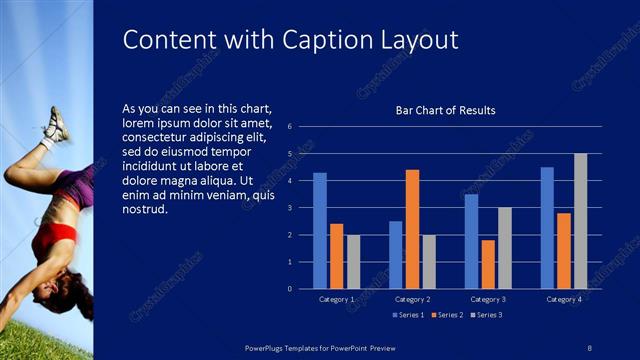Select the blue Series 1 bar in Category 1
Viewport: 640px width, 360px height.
point(320,231)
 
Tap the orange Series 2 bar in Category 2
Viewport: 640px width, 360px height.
point(412,229)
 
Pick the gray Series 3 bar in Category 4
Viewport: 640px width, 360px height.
point(580,221)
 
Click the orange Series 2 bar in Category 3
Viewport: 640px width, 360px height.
point(488,264)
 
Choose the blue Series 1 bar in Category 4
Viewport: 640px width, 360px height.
point(547,228)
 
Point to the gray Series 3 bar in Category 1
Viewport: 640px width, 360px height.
point(353,261)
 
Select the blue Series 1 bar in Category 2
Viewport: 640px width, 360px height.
point(396,255)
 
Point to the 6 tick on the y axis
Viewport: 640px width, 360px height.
point(288,127)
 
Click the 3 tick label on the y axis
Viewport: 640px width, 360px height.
point(288,208)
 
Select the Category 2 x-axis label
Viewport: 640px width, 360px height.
point(412,299)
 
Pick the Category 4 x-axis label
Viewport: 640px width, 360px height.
point(564,299)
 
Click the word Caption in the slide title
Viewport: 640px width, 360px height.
point(322,40)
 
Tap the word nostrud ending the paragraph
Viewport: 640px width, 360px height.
point(143,210)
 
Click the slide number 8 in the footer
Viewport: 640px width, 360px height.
point(590,346)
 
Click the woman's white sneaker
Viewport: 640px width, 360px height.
point(55,125)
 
